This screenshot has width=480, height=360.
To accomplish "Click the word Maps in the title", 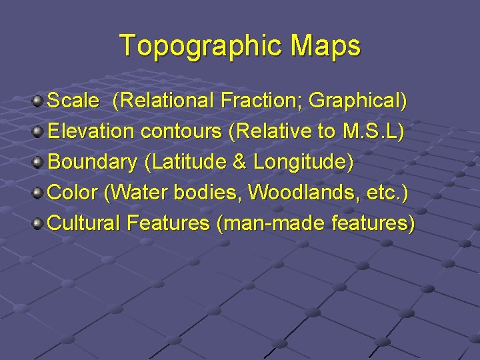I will point(325,46).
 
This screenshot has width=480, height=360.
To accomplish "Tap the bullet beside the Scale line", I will point(39,101).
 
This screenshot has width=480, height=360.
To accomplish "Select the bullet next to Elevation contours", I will point(39,131).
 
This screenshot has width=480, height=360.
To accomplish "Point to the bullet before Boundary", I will point(39,162).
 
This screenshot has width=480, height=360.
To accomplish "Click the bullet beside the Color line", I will point(39,193).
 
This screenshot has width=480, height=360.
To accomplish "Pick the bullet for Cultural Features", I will point(39,223).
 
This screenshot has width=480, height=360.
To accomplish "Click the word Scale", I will point(74,101).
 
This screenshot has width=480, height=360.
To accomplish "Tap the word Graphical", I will point(357,101).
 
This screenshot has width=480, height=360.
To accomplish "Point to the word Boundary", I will point(93,162).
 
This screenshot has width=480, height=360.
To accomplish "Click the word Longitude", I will point(303,162).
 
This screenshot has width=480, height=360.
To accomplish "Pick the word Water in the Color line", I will point(137,193).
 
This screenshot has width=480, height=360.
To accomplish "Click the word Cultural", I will point(82,223).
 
